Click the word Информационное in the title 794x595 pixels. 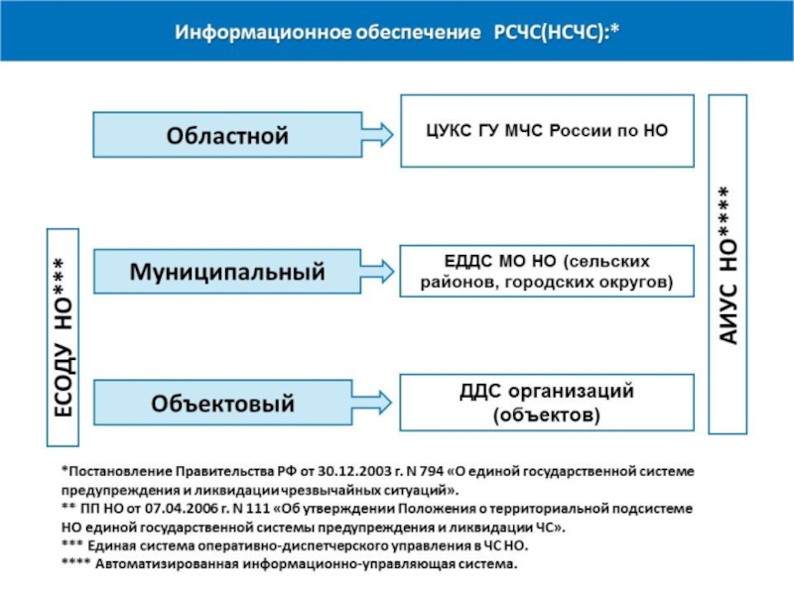point(256,32)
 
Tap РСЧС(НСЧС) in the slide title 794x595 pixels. point(546,32)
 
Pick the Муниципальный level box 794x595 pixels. point(228,270)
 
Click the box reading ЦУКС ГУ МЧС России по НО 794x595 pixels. point(547,131)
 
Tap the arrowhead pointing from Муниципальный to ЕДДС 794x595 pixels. point(376,270)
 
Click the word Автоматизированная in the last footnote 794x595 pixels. point(163,565)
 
